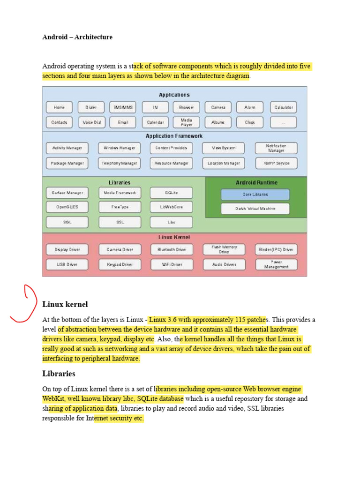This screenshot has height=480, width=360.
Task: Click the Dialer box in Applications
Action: click(91, 107)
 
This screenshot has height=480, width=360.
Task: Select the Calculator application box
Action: click(283, 107)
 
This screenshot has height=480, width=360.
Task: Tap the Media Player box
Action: click(187, 122)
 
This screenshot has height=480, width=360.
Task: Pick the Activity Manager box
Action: click(67, 148)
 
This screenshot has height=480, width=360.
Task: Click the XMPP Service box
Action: click(276, 163)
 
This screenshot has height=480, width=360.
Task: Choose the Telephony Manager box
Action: click(120, 163)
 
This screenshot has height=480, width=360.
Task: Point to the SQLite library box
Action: click(171, 193)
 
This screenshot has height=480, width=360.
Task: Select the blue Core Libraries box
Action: click(255, 194)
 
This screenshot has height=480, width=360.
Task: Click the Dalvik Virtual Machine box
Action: click(255, 209)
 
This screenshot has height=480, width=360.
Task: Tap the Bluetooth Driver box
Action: click(172, 250)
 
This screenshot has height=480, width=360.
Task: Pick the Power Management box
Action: click(276, 264)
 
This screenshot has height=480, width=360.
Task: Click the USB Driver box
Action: click(67, 264)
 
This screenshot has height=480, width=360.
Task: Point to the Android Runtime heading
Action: click(256, 182)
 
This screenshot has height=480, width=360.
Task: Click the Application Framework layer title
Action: click(174, 136)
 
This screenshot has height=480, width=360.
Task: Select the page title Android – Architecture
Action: click(77, 37)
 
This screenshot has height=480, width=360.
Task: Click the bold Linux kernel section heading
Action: click(65, 305)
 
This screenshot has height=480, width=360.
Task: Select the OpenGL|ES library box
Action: click(67, 207)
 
